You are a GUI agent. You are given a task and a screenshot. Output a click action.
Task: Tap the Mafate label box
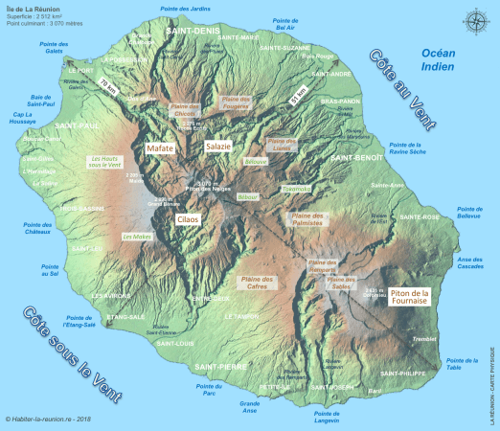(159, 148)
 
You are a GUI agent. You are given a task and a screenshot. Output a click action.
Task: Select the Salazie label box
(217, 147)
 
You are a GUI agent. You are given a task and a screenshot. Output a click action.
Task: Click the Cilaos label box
(188, 219)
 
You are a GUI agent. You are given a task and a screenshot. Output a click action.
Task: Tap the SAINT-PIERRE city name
(221, 367)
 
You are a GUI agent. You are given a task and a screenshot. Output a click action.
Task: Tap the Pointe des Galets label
(61, 49)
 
